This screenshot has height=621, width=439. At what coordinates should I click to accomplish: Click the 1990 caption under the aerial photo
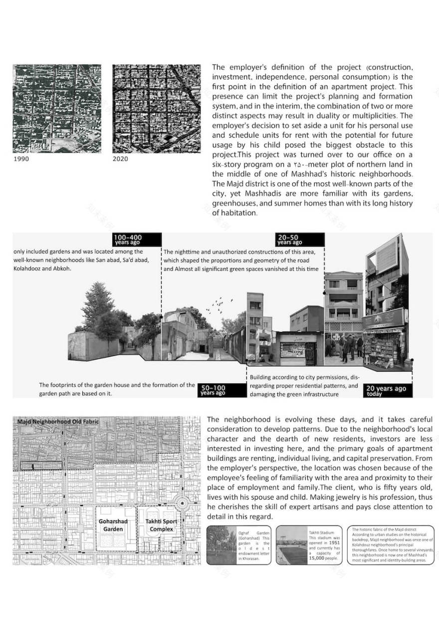(x=21, y=159)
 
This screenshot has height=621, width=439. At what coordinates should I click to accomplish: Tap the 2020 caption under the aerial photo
(x=120, y=159)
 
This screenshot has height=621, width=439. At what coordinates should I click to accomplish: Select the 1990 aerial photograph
(x=57, y=108)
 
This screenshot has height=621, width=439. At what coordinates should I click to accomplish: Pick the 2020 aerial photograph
(x=156, y=108)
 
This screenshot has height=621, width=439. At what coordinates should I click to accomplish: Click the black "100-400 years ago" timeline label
(x=137, y=240)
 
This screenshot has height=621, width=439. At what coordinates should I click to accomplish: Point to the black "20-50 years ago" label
(x=300, y=240)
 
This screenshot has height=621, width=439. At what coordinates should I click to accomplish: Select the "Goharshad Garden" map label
(x=113, y=525)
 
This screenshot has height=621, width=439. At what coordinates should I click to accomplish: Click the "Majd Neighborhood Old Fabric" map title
(x=58, y=422)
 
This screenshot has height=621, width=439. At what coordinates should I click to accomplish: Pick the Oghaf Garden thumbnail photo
(x=222, y=545)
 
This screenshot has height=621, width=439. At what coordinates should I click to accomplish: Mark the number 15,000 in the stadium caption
(x=323, y=558)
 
